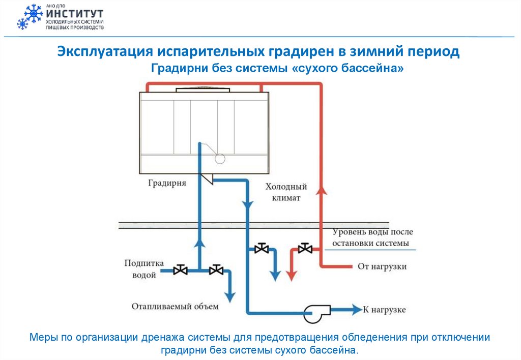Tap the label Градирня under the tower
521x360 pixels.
(x=167, y=183)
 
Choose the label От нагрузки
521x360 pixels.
(x=383, y=266)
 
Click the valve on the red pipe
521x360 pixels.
(x=305, y=249)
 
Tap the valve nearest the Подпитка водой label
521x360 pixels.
(x=180, y=270)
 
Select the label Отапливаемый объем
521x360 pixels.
(x=175, y=306)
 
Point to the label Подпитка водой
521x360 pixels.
(x=144, y=269)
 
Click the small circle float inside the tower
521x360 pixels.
(x=220, y=158)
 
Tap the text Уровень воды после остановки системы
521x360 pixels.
(x=370, y=237)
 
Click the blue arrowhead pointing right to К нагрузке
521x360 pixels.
(x=355, y=309)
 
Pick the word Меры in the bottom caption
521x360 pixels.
(x=42, y=337)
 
